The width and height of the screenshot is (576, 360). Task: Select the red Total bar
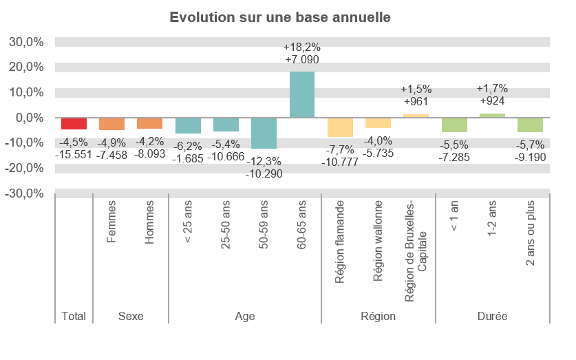pyautogui.click(x=74, y=123)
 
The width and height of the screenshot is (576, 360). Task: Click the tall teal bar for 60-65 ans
pyautogui.click(x=302, y=94)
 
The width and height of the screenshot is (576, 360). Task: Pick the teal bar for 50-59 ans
pyautogui.click(x=264, y=133)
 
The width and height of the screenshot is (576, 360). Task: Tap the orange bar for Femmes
pyautogui.click(x=111, y=124)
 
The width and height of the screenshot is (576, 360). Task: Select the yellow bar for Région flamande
pyautogui.click(x=340, y=127)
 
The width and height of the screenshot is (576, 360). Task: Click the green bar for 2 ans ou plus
pyautogui.click(x=530, y=125)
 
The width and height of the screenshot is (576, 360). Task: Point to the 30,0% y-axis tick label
pyautogui.click(x=26, y=42)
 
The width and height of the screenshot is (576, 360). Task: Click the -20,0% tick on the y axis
pyautogui.click(x=26, y=168)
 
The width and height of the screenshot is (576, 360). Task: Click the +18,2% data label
pyautogui.click(x=302, y=47)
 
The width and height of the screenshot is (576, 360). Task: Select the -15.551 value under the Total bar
pyautogui.click(x=74, y=156)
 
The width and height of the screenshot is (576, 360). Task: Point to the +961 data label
pyautogui.click(x=416, y=102)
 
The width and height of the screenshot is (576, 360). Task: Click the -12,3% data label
pyautogui.click(x=264, y=160)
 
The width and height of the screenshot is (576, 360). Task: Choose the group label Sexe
pyautogui.click(x=131, y=317)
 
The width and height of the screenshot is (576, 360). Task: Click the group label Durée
pyautogui.click(x=492, y=317)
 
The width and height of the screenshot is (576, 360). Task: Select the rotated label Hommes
pyautogui.click(x=149, y=222)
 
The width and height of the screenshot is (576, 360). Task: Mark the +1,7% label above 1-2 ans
pyautogui.click(x=492, y=88)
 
